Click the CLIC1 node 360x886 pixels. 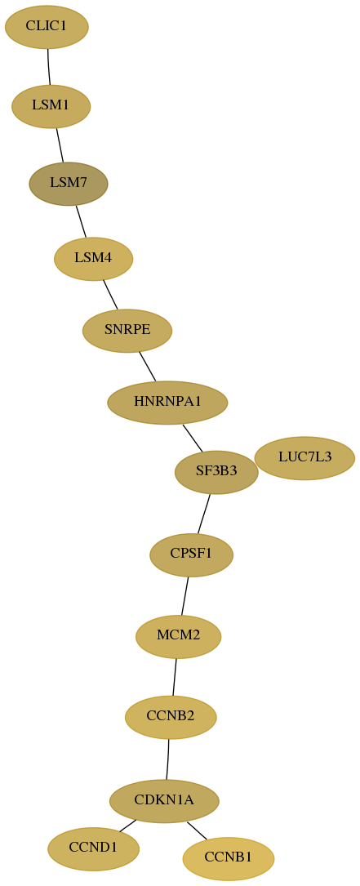click(x=47, y=27)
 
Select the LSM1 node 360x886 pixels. click(x=51, y=106)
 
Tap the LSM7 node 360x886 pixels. click(x=69, y=184)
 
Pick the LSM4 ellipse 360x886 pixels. click(x=93, y=259)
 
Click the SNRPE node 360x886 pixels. click(x=127, y=331)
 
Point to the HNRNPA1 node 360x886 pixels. click(x=167, y=403)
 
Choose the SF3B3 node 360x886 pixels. click(x=216, y=472)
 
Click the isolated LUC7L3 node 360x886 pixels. click(x=304, y=457)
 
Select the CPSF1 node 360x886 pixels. click(x=192, y=555)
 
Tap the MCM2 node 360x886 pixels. click(x=178, y=636)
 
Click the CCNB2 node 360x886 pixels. click(x=171, y=717)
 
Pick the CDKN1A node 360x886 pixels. click(x=164, y=801)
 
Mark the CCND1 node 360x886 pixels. click(x=93, y=848)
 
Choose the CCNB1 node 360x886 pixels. click(x=229, y=859)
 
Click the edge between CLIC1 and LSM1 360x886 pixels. click(x=49, y=67)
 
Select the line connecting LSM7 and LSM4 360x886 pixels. click(x=81, y=221)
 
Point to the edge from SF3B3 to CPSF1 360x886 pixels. click(x=204, y=514)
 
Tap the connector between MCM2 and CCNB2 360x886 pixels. click(x=175, y=677)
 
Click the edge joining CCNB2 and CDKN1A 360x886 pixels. click(x=168, y=759)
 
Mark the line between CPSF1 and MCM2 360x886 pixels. click(x=184, y=595)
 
